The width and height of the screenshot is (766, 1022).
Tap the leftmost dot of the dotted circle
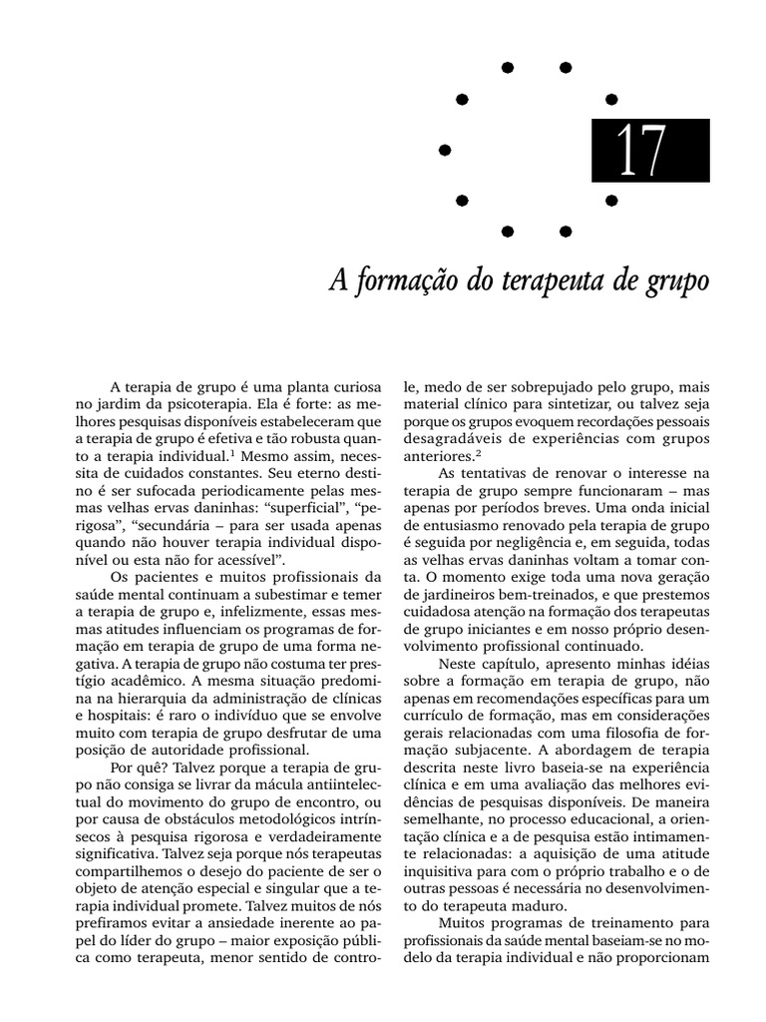point(445,150)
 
